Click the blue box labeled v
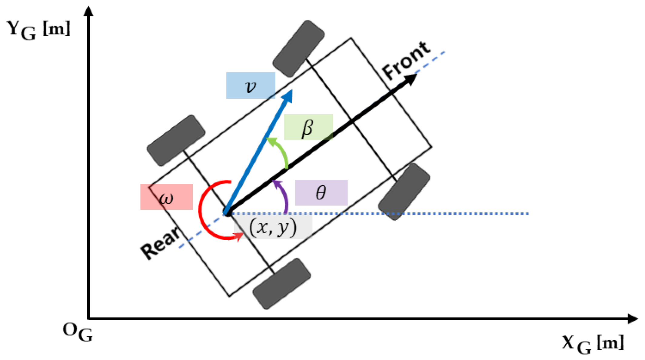251,85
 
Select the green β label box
308,127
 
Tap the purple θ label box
321,193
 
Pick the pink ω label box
166,197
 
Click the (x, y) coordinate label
273,227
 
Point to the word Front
406,61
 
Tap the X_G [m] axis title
593,344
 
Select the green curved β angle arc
281,152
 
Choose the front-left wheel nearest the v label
298,48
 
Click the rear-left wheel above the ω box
176,140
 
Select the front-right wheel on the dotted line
404,192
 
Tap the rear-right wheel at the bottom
281,284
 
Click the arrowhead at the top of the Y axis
88,12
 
